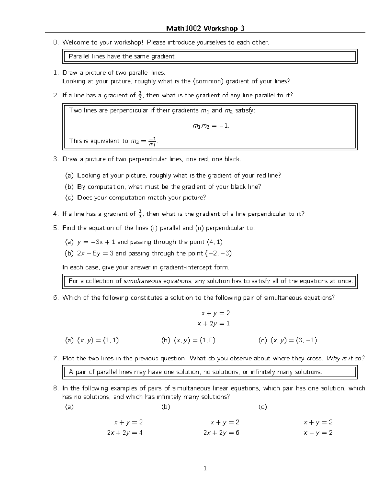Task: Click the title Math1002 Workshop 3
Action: [x=205, y=29]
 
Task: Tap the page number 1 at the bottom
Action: [x=205, y=468]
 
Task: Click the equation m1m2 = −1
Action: [x=211, y=126]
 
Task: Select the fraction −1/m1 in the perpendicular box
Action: [x=153, y=141]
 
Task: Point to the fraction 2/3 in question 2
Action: [x=140, y=96]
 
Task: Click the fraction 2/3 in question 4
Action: [x=140, y=214]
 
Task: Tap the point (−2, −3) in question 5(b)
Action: [x=218, y=253]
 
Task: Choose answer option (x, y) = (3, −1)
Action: [x=293, y=341]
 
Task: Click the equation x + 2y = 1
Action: [x=214, y=324]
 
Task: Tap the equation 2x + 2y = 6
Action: [x=221, y=433]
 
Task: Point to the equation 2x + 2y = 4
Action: [x=125, y=433]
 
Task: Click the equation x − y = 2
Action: [x=318, y=433]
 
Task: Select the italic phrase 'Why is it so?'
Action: [x=345, y=359]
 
